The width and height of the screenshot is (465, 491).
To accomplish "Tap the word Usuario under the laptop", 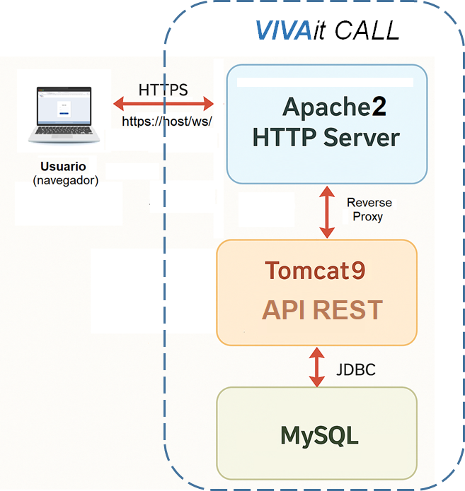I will click(x=63, y=167).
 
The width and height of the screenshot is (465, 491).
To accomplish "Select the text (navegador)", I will click(x=65, y=181).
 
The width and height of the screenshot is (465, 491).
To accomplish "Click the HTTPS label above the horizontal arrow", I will click(x=163, y=90).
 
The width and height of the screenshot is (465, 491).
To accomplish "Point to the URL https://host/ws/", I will click(x=167, y=121).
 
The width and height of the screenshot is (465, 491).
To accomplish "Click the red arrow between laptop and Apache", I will click(x=163, y=105).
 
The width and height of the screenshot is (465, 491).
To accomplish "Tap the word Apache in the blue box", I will click(x=324, y=107).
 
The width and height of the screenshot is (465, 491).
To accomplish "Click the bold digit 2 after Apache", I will click(x=379, y=107).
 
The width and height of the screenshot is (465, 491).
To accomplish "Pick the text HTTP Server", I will click(x=326, y=137).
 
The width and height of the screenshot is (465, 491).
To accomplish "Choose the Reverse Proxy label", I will click(x=369, y=210).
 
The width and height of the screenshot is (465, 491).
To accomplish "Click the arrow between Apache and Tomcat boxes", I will click(x=327, y=211).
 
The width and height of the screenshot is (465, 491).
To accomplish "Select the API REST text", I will click(x=322, y=310).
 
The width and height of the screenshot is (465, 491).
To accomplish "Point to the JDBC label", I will click(x=355, y=369).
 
